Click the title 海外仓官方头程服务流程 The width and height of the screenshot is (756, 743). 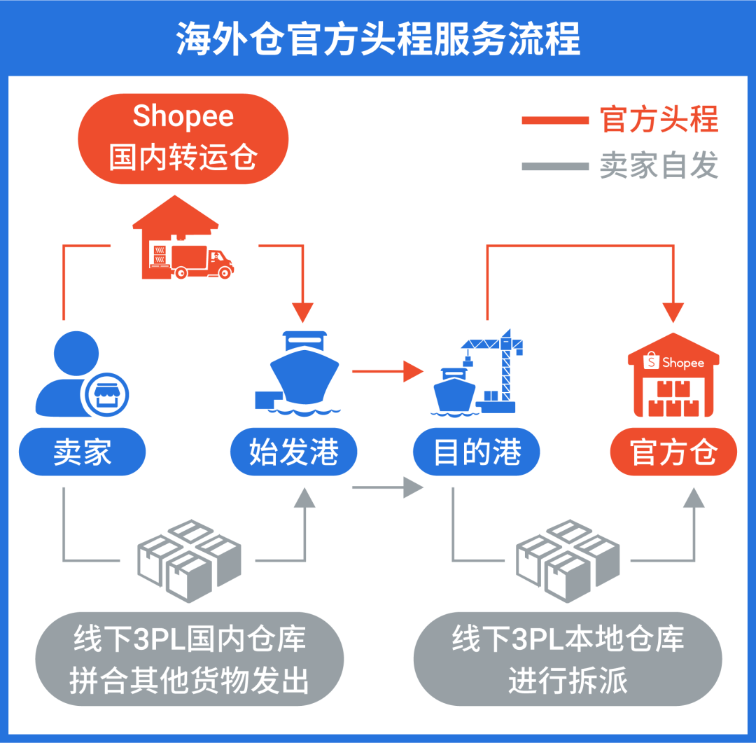click(x=378, y=40)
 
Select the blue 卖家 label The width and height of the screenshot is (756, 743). click(x=82, y=452)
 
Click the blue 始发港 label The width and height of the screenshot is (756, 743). click(x=294, y=452)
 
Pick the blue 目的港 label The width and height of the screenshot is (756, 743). click(x=477, y=452)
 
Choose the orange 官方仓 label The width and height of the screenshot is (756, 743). click(x=673, y=452)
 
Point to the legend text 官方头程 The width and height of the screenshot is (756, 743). click(x=659, y=120)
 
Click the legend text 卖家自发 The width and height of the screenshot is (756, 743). click(x=659, y=166)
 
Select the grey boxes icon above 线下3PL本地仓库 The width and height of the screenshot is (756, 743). click(x=568, y=560)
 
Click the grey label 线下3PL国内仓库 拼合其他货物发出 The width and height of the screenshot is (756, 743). click(x=189, y=660)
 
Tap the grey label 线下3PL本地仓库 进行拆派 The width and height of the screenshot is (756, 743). click(x=568, y=660)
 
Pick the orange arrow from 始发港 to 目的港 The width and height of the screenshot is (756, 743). click(x=388, y=371)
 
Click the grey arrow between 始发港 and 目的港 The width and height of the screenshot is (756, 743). click(x=388, y=486)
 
